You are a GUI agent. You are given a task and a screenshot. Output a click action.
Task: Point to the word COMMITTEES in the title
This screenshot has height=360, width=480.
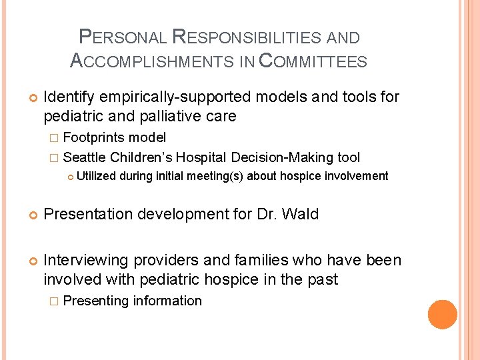(x=312, y=62)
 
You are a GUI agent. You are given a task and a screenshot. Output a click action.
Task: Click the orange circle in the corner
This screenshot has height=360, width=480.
(x=443, y=314)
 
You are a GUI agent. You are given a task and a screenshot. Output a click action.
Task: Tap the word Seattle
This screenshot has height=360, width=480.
(x=85, y=158)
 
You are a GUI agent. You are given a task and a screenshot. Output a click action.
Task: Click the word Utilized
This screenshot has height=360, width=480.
(x=96, y=176)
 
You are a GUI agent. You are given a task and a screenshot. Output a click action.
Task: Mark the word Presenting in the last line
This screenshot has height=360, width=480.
(x=96, y=301)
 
